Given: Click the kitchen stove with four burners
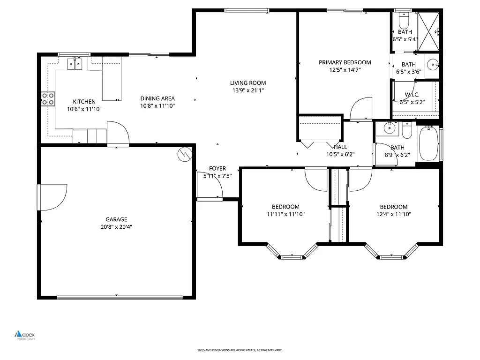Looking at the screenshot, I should [x=48, y=98].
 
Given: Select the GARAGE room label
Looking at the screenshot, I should [x=116, y=219].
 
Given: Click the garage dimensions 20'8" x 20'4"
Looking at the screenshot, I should [x=116, y=227].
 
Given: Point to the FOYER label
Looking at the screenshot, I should [x=217, y=169].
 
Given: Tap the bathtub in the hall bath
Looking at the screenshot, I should [x=428, y=143].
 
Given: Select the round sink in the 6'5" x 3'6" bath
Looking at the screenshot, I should [x=433, y=64].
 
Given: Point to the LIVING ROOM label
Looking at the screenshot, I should [x=248, y=83].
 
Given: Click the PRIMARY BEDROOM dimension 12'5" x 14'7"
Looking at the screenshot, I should [x=345, y=70].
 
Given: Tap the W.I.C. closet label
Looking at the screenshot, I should [x=412, y=95].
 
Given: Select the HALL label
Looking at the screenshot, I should [x=340, y=147].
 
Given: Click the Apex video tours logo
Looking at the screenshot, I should [x=25, y=335].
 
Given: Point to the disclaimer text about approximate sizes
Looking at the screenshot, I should [x=240, y=350].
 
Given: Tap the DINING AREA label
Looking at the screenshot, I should [x=157, y=98].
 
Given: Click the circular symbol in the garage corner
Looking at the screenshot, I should [x=186, y=154].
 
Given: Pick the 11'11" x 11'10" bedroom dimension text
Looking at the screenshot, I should [x=285, y=214].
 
